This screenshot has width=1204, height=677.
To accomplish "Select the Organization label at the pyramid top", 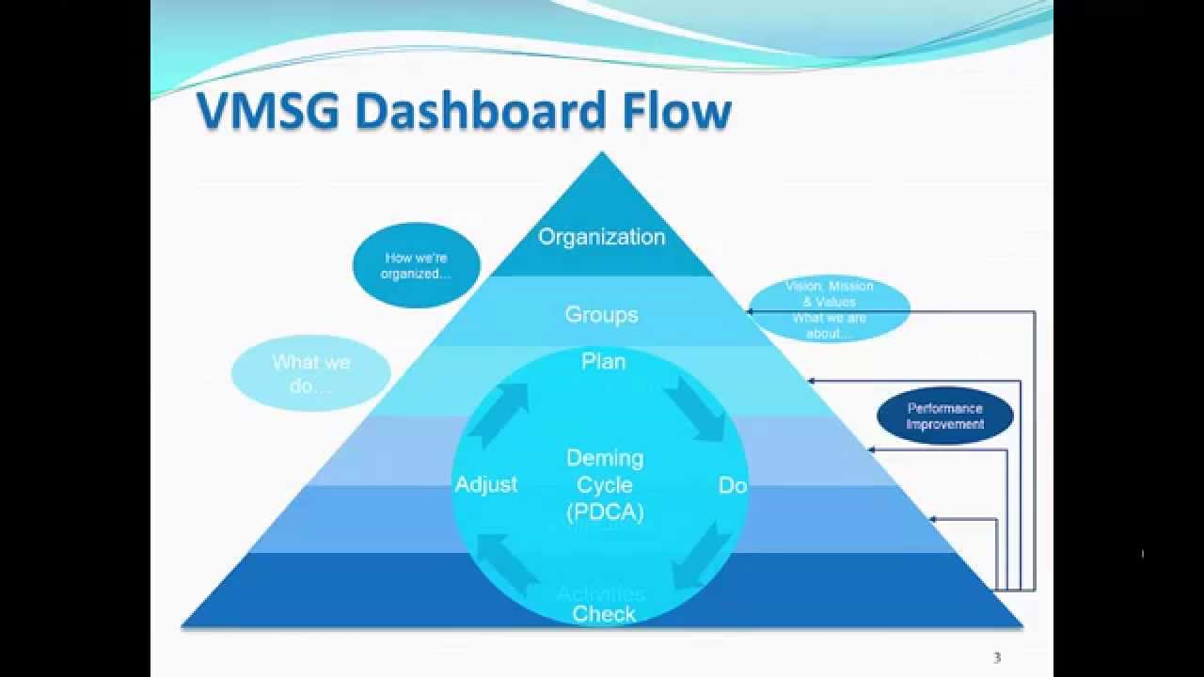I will (601, 237).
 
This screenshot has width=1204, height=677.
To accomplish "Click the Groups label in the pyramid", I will (601, 315).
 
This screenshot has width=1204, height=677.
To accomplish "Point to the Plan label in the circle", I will (603, 362).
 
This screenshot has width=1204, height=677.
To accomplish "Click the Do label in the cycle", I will (732, 485).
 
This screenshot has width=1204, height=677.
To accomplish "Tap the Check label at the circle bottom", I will (604, 614).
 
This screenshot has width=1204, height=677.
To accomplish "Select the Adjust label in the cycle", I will (486, 485).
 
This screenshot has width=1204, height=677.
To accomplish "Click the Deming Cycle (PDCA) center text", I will (604, 485).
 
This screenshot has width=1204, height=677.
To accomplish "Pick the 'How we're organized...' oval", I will (416, 265).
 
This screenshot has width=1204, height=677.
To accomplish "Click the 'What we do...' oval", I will (310, 373).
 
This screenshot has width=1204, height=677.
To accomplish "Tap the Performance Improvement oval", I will (944, 417).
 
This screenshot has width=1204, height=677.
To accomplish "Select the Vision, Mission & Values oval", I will (829, 308).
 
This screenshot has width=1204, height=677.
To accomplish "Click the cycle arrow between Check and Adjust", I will (507, 563).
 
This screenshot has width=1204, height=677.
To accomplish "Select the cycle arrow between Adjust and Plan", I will (499, 415).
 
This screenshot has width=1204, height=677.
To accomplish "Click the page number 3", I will (997, 658).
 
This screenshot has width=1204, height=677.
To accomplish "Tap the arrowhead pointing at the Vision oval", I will (752, 311).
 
